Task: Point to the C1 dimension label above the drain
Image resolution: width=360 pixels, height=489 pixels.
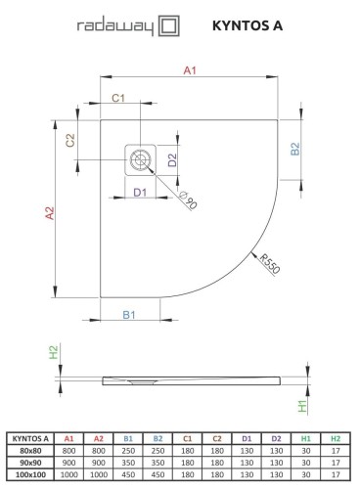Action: coord(118,99)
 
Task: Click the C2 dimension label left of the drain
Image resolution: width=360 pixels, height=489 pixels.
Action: coord(69,141)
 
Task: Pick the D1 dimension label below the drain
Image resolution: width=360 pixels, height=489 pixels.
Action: coord(139,192)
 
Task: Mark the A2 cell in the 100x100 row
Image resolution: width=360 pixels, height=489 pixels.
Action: coord(98,474)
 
